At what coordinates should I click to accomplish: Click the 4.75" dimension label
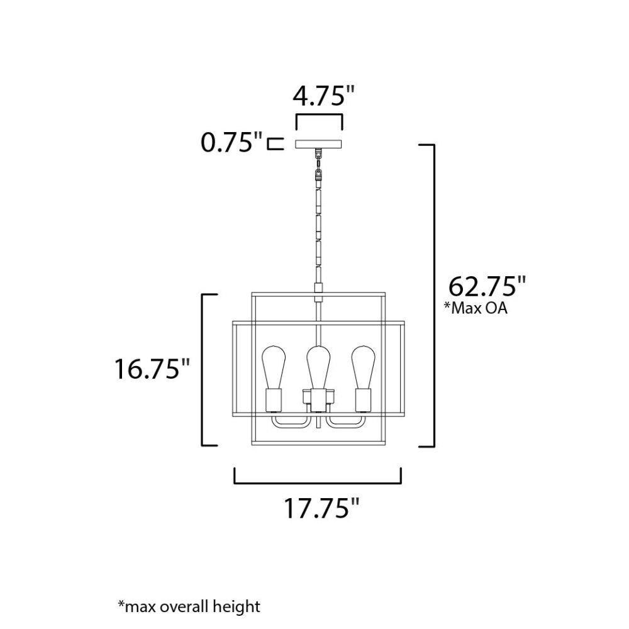(x=324, y=97)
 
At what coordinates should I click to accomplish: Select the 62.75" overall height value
(x=486, y=286)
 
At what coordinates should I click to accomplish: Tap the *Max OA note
(x=476, y=308)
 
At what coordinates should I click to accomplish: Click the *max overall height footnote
(x=189, y=606)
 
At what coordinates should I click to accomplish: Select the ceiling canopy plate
(x=318, y=144)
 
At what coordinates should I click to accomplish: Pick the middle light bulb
(x=318, y=367)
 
